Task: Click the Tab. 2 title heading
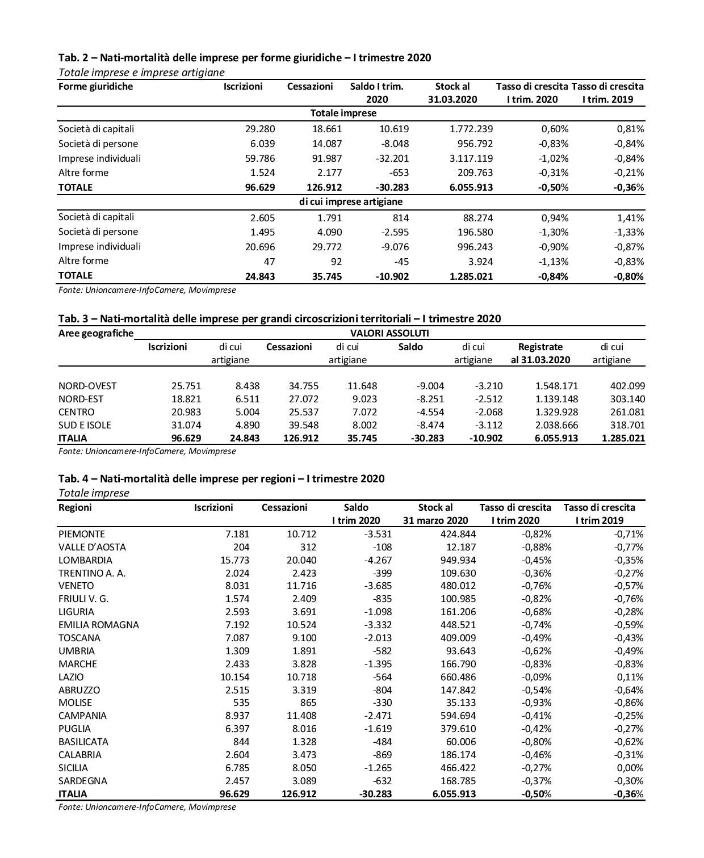245,58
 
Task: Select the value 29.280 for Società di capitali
260,129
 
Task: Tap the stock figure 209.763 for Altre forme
471,173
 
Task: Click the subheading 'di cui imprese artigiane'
351,202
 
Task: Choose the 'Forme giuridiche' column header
95,87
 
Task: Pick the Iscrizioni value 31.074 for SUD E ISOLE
186,425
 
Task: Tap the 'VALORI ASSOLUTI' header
390,333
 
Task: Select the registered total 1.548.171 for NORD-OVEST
556,386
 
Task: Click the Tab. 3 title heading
279,318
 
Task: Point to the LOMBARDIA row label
85,560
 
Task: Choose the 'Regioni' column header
75,507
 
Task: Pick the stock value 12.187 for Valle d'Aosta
459,547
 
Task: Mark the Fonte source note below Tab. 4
147,807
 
